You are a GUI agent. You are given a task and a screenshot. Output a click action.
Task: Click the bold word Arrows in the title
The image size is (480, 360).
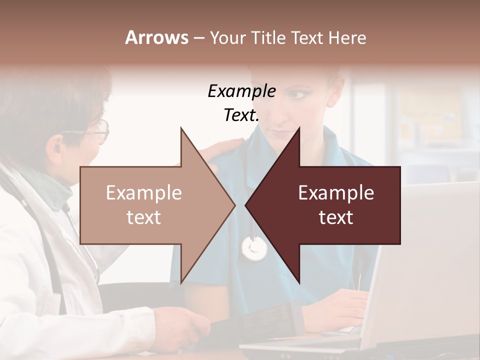[x=156, y=37]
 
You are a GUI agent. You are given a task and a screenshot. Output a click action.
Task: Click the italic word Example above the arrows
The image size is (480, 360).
[x=241, y=91]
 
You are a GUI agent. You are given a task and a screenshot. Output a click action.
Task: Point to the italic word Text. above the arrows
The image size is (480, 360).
[x=241, y=115]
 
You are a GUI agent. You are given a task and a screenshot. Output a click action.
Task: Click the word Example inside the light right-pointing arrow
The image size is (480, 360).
[x=143, y=193]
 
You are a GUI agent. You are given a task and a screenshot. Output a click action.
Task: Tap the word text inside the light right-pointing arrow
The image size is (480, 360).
[x=143, y=217]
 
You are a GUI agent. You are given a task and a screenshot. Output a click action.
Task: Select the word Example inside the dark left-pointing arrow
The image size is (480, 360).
[x=336, y=193]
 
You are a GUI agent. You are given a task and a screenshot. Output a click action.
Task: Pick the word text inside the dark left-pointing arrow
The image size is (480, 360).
[x=336, y=217]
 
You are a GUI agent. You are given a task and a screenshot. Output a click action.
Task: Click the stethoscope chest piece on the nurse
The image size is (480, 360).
[x=254, y=248]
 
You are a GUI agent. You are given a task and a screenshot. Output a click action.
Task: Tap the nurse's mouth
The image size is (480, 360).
[x=280, y=134]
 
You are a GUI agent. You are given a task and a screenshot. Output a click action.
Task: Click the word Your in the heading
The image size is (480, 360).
[x=227, y=38]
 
